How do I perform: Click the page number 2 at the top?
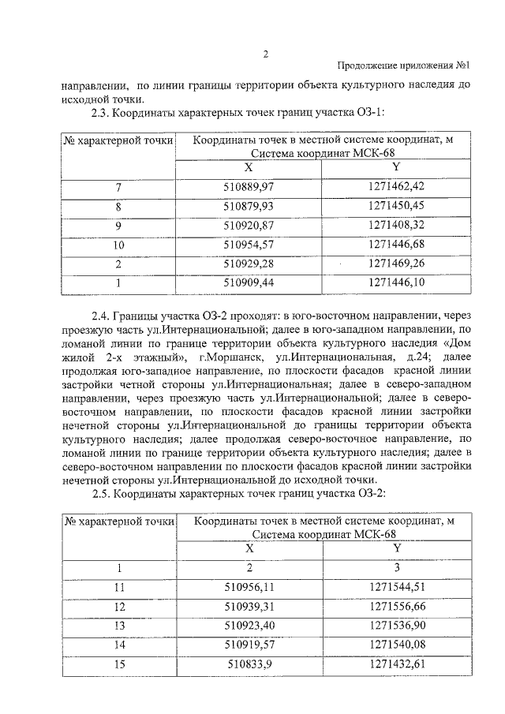pos(266,54)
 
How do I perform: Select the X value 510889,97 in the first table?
pos(249,186)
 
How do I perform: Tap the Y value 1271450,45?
pos(396,206)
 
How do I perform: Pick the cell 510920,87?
pos(249,225)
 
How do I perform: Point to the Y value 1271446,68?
pos(396,245)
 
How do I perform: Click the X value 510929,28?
pos(249,263)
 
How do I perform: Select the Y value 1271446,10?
pos(396,282)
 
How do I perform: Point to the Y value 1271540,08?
pos(396,645)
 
